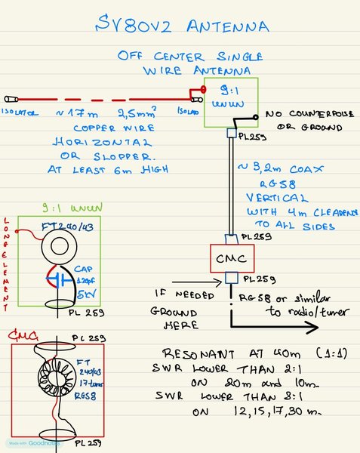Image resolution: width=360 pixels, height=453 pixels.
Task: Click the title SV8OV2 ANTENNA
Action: [x=181, y=28]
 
